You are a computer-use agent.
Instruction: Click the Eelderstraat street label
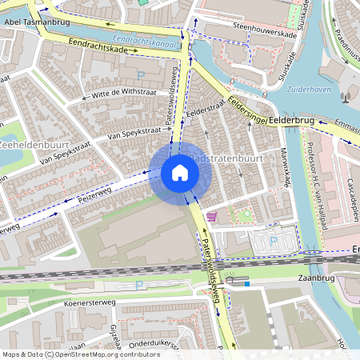point(205,110)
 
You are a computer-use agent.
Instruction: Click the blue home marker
point(180,173)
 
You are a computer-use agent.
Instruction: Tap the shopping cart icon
point(211,215)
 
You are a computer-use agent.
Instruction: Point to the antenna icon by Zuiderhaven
point(346,98)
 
